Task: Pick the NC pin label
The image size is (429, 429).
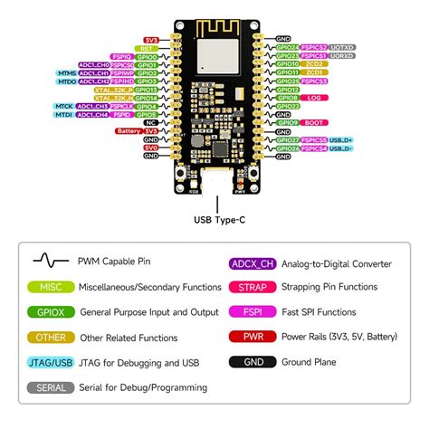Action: pos(151,123)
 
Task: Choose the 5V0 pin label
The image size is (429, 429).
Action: pos(151,147)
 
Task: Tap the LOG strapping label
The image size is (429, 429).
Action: pos(312,99)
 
